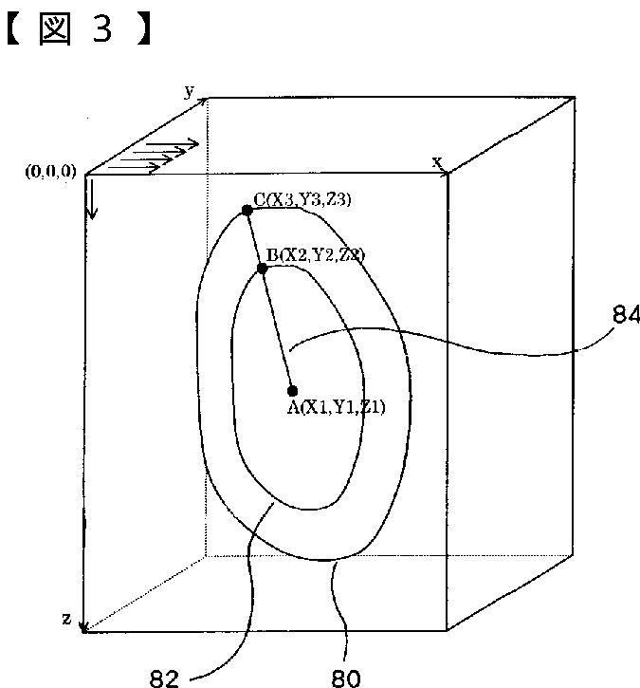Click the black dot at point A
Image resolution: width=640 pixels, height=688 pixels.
click(x=292, y=390)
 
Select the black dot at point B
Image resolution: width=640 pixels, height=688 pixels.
click(x=263, y=269)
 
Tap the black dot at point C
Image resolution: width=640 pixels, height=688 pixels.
click(x=247, y=210)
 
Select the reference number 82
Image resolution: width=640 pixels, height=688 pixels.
click(x=164, y=678)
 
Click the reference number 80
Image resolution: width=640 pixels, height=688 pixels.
click(x=348, y=678)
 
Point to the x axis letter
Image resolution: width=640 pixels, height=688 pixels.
click(x=437, y=161)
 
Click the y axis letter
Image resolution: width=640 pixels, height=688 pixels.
click(x=190, y=90)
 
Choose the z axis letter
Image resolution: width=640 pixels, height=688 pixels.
click(x=66, y=619)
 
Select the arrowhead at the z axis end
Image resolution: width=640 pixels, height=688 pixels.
click(x=84, y=625)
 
